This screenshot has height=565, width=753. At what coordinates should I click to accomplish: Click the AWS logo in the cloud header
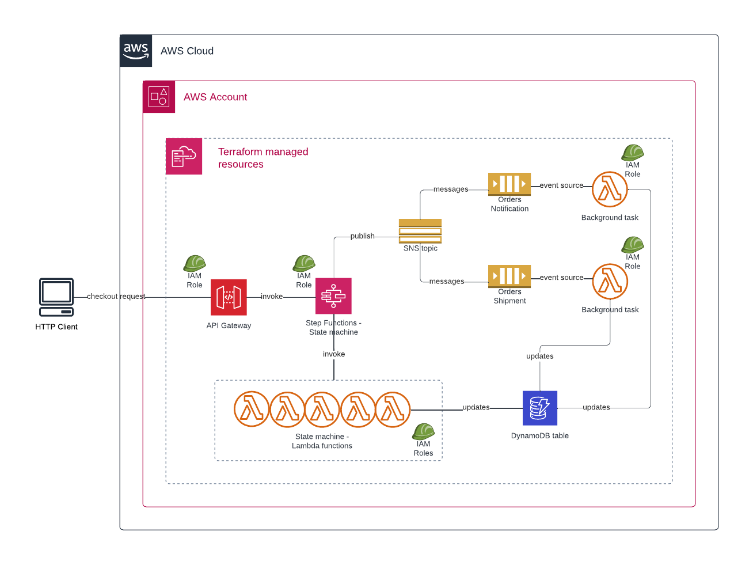[x=136, y=51]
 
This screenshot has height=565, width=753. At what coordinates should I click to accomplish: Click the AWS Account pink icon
[x=159, y=97]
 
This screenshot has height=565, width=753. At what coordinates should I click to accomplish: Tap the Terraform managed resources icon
[x=184, y=156]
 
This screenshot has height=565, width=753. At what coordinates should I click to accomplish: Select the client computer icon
[x=56, y=297]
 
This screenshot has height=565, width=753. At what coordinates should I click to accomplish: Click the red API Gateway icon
[x=229, y=297]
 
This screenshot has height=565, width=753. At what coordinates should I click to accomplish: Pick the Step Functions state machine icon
[x=333, y=296]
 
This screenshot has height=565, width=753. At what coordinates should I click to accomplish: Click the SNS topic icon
[x=420, y=231]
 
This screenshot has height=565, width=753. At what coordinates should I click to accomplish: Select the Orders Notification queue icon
[x=509, y=184]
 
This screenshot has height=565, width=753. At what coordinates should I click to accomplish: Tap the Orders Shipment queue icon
[x=509, y=276]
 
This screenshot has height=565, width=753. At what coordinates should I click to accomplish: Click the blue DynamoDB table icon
[x=540, y=408]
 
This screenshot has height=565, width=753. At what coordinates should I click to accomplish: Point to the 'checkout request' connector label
[x=116, y=296]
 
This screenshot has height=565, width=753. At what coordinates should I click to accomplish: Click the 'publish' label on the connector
[x=362, y=236]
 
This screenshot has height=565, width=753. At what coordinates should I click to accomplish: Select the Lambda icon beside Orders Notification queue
[x=610, y=189]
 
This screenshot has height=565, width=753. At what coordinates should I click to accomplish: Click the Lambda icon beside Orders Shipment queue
[x=610, y=281]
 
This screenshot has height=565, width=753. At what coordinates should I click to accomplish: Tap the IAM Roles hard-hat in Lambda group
[x=423, y=431]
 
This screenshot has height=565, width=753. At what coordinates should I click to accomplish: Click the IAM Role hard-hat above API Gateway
[x=195, y=263]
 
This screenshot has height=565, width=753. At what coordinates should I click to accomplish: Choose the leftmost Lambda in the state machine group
[x=252, y=409]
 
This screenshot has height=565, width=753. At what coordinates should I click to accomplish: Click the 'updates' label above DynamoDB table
[x=540, y=356]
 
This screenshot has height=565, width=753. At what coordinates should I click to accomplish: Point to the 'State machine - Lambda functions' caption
[x=322, y=441]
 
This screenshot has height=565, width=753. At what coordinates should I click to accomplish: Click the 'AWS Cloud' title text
[x=187, y=51]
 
